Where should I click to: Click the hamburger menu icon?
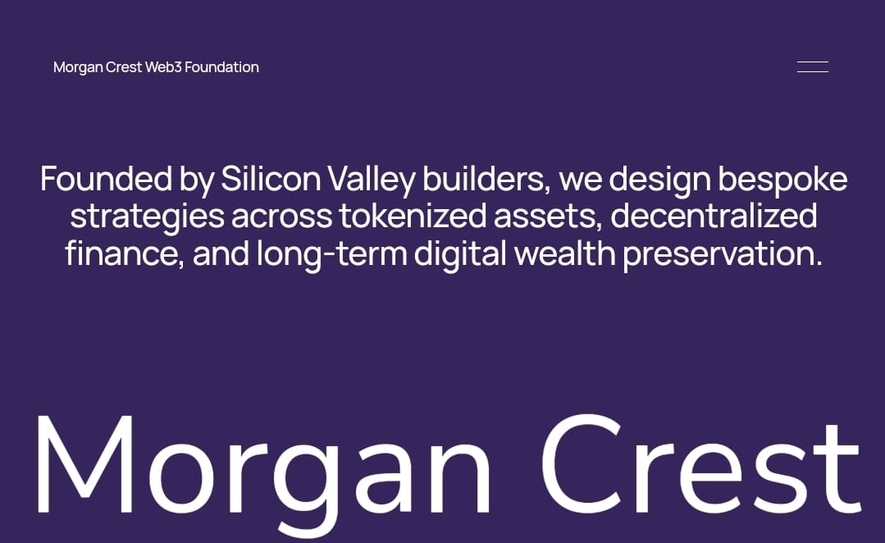click(813, 66)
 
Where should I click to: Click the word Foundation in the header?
click(221, 67)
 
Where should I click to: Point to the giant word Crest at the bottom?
click(700, 464)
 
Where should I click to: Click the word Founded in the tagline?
click(106, 179)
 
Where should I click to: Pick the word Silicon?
click(271, 179)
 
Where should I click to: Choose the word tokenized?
click(413, 217)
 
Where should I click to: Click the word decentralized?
click(714, 217)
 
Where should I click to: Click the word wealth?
click(564, 253)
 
